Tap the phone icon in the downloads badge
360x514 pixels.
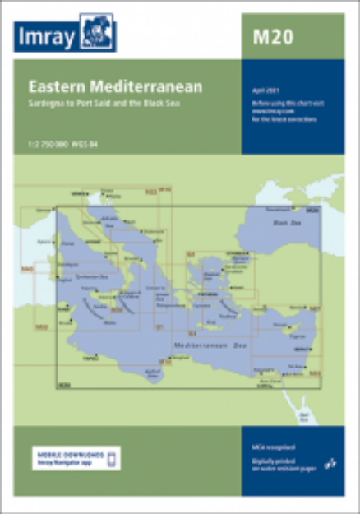click(x=114, y=457)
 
